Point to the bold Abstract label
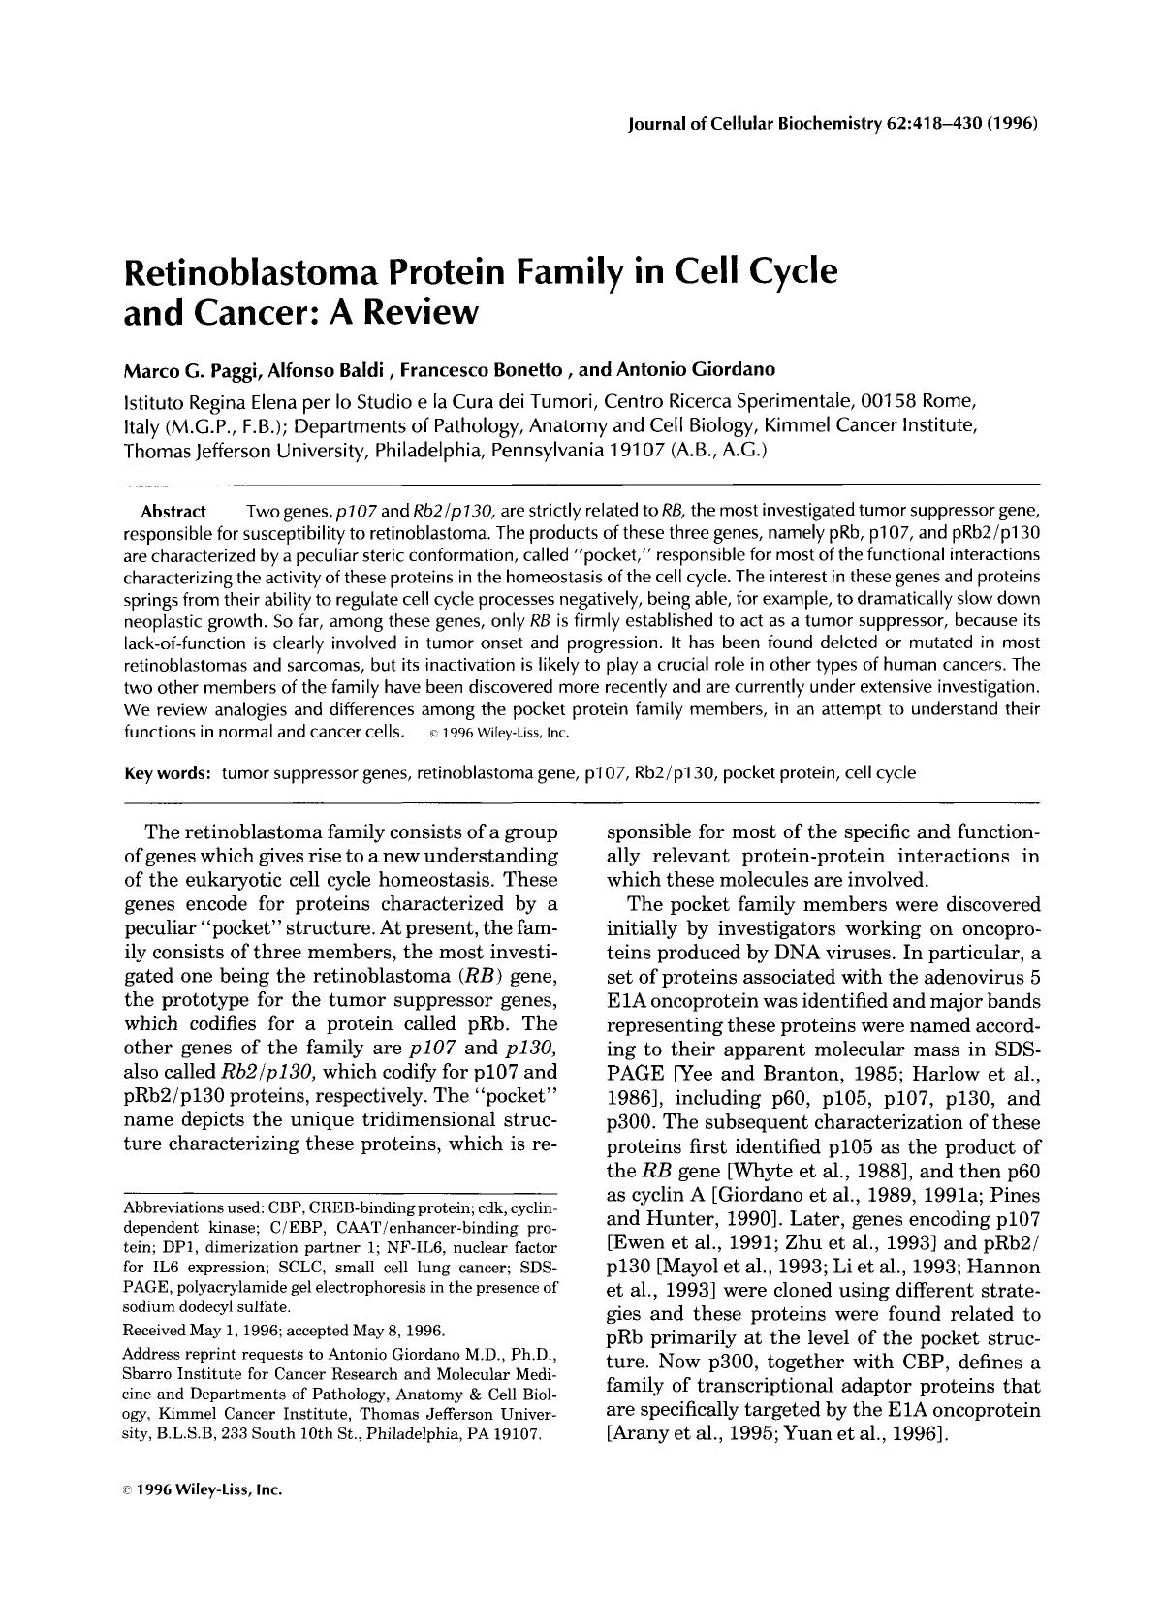173,511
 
